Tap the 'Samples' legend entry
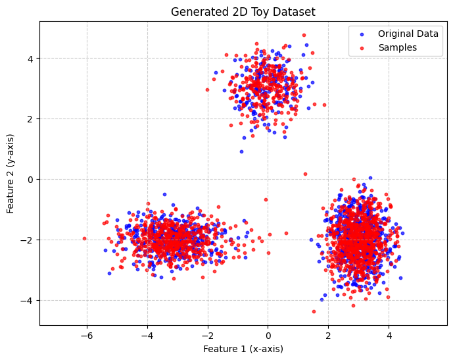[397, 47]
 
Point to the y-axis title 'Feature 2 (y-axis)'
[11, 173]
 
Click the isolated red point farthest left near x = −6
[84, 238]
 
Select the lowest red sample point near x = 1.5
[314, 311]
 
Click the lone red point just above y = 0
[305, 174]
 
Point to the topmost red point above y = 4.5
[304, 35]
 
